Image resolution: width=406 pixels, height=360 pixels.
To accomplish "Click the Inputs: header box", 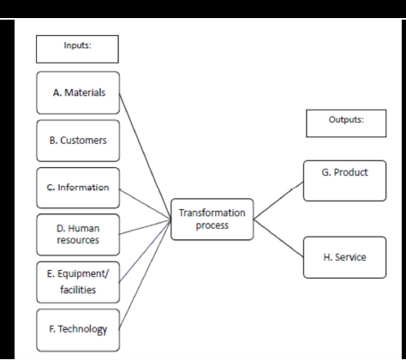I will [x=76, y=48].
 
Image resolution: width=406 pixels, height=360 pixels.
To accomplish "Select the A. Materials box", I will [x=76, y=94].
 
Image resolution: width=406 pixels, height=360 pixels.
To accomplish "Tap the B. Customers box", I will [x=76, y=141].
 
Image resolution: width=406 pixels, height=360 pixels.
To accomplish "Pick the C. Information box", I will [x=76, y=187].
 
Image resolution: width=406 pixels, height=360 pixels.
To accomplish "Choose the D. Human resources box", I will [x=76, y=234].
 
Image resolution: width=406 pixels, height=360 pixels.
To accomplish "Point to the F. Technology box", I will [x=76, y=329].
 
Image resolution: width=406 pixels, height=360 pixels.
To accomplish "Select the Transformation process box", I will [x=212, y=219].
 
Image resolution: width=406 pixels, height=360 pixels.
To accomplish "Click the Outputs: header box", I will [x=346, y=123].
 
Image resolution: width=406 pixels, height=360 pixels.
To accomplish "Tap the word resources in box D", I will [x=75, y=241].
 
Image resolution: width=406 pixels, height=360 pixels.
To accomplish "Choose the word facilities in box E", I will [x=75, y=290].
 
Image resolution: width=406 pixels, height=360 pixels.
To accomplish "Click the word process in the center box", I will [x=212, y=225].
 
